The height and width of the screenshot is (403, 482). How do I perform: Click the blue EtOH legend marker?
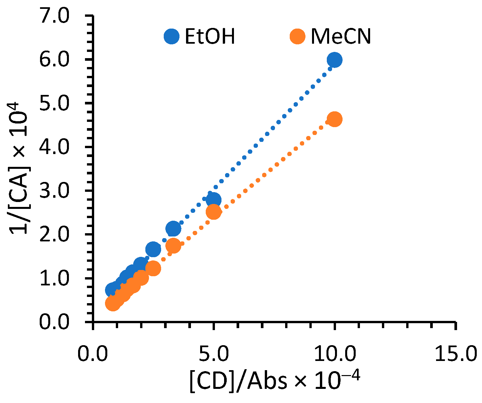[172, 36]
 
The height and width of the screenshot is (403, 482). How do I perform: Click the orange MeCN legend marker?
[298, 36]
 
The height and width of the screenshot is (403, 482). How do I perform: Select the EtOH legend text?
[210, 36]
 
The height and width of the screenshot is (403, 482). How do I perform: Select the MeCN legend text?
[341, 36]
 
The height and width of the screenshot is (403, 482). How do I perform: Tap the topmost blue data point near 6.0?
[334, 60]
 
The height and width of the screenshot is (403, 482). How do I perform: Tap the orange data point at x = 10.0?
[334, 119]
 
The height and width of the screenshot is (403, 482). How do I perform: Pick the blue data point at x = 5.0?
[214, 200]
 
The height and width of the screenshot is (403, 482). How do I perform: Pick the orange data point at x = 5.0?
[214, 212]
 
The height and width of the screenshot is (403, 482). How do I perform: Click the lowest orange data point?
[113, 303]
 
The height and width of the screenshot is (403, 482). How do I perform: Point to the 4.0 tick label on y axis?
[54, 147]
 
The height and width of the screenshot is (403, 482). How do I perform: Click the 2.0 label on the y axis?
[54, 235]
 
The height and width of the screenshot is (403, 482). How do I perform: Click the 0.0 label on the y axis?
[54, 322]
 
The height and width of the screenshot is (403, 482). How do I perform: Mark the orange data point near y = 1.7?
[173, 245]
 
